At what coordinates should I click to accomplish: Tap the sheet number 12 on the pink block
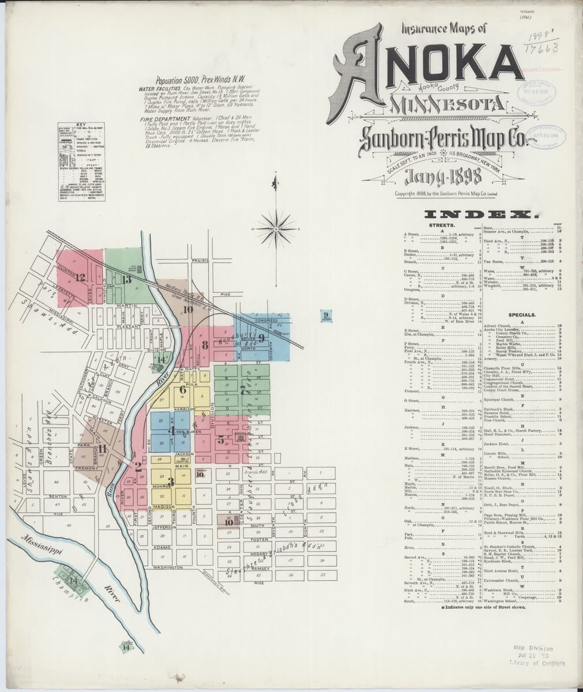pos(80,278)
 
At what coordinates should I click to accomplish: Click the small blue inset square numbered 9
pos(326,315)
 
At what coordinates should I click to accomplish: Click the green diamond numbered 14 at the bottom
pos(126,647)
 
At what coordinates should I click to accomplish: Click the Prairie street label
pos(200,261)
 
